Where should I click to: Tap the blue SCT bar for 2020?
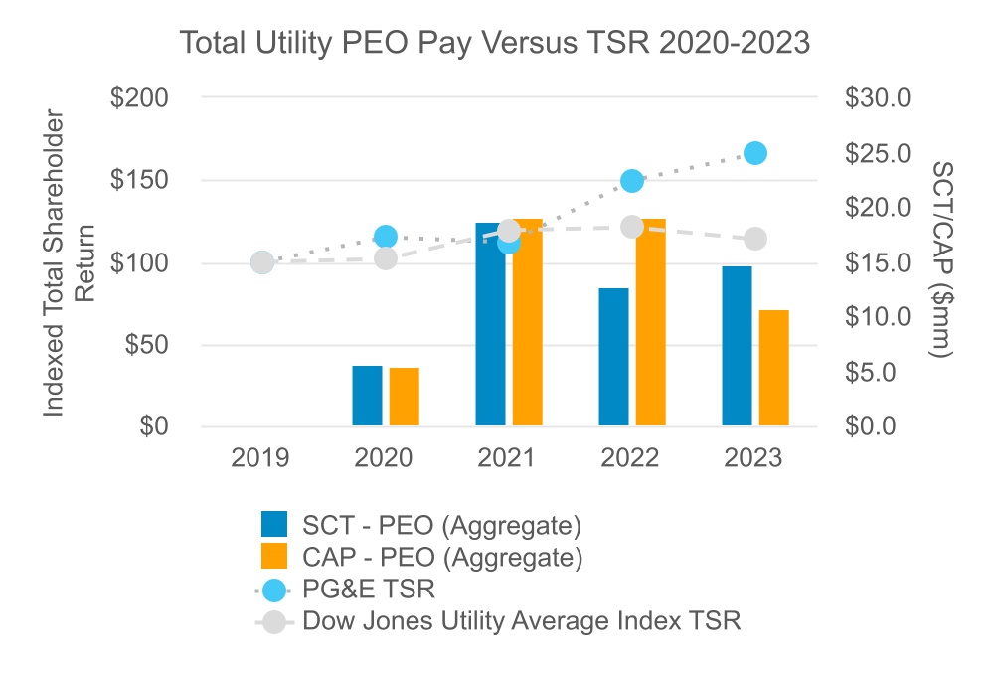(367, 396)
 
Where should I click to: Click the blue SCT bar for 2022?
(613, 357)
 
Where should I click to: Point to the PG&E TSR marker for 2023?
(754, 153)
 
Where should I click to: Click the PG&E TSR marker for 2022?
(632, 181)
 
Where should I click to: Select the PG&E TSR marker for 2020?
(386, 237)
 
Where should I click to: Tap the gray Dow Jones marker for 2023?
(755, 239)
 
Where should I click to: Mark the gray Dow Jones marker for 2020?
(386, 258)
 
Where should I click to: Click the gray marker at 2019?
(261, 262)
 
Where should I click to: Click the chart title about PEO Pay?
(495, 44)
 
